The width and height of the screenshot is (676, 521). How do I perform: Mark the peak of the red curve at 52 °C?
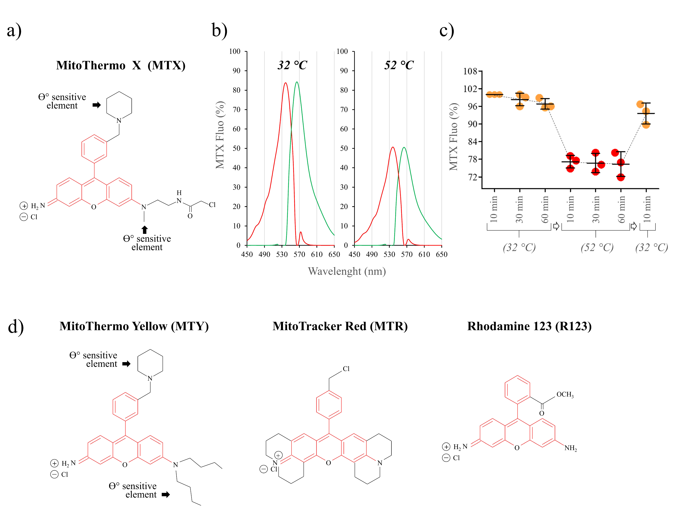pos(393,147)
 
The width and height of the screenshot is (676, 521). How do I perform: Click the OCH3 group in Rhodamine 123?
pos(565,394)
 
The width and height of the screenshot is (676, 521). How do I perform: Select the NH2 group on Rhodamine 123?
pos(570,448)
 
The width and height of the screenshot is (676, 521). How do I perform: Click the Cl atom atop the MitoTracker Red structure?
pos(346,369)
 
